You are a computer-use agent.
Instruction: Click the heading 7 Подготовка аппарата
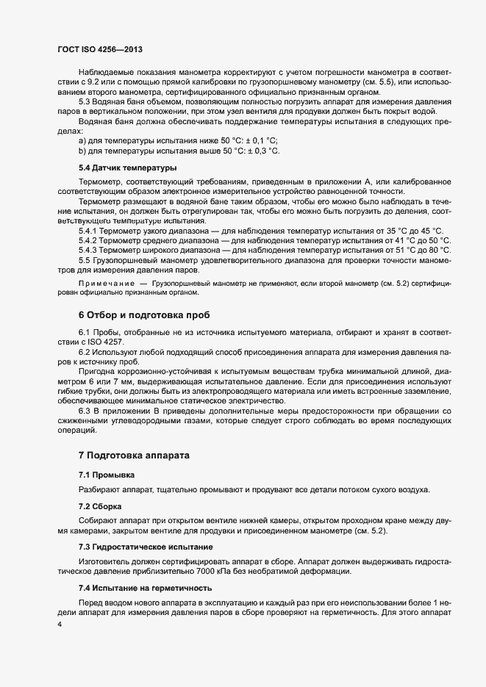tap(134, 456)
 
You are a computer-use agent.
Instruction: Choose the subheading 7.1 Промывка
tap(107, 475)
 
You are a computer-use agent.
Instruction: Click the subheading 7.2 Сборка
tap(100, 507)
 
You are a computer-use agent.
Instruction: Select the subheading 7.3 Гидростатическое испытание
tap(146, 547)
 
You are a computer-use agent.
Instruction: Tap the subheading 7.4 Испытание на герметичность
tap(146, 588)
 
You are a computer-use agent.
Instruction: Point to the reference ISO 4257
tap(109, 342)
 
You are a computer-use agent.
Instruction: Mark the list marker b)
tap(82, 151)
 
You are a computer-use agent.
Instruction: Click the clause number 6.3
tap(84, 410)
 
